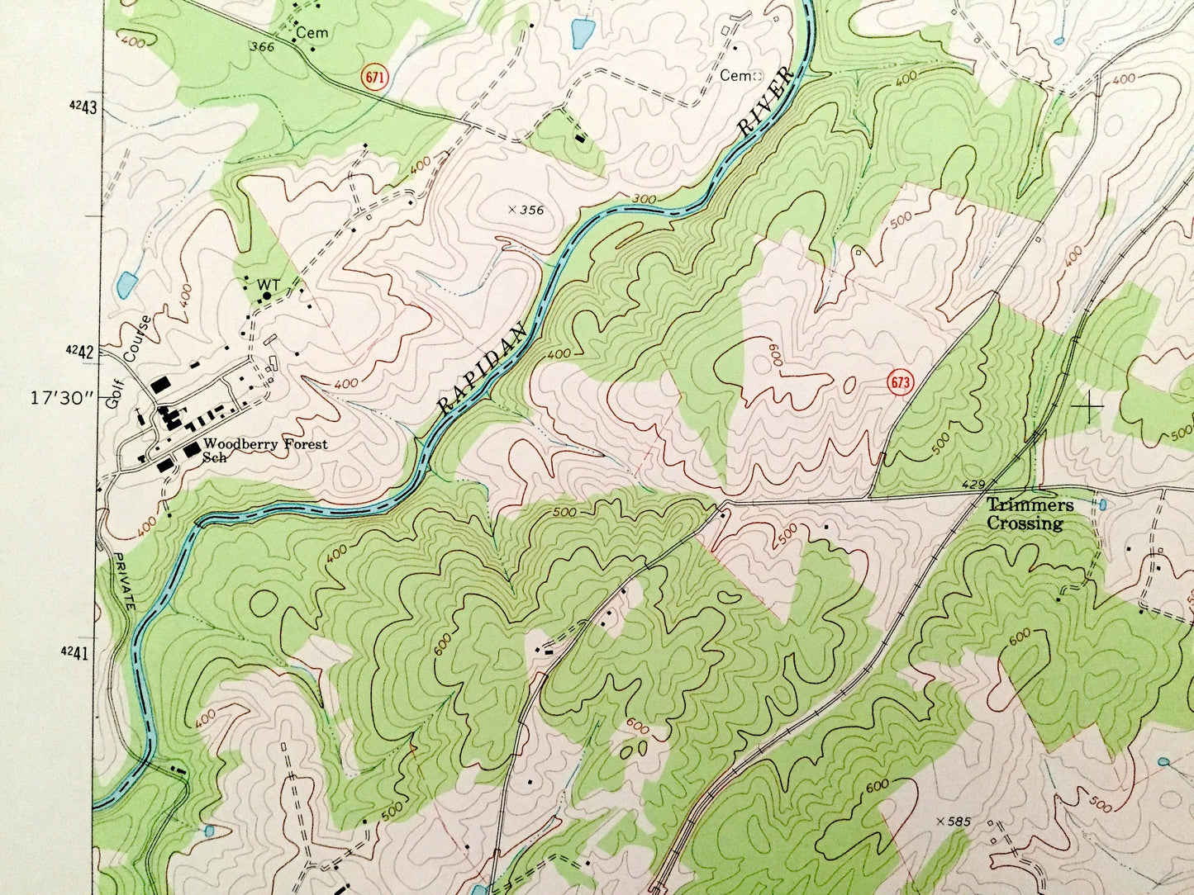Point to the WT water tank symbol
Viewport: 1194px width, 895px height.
pos(267,293)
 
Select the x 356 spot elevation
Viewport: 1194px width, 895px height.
pos(526,210)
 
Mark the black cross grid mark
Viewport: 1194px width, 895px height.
pos(1092,407)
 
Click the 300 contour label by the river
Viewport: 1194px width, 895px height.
pos(644,199)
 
